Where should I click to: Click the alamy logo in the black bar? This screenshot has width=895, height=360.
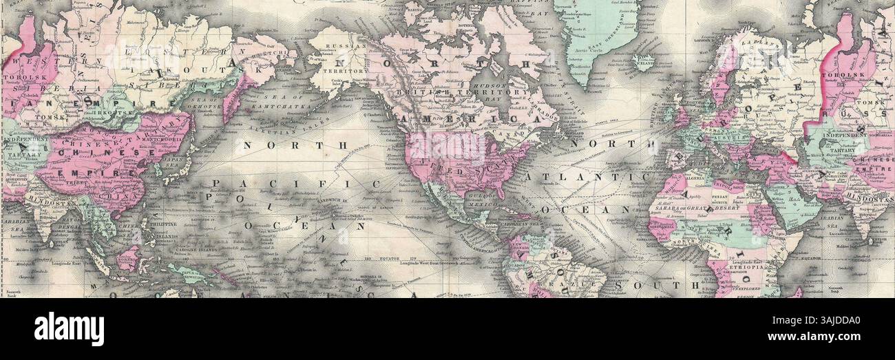(69, 328)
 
